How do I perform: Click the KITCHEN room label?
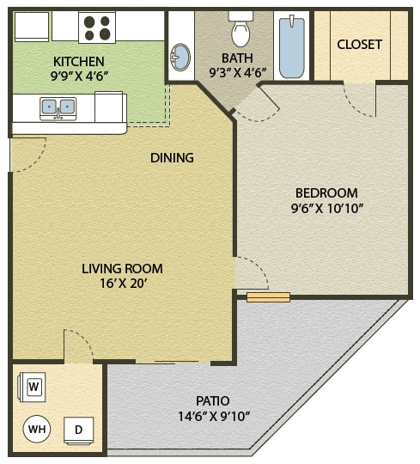(79, 61)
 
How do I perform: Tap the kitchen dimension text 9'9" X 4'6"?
(79, 76)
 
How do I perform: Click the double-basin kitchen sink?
(58, 107)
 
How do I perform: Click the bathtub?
(292, 45)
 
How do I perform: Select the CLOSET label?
(359, 45)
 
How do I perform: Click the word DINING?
(172, 157)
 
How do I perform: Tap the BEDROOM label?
(326, 192)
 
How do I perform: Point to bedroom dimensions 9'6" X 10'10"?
(326, 208)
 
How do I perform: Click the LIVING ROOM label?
(122, 268)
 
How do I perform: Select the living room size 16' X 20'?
(122, 283)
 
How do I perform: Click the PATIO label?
(212, 400)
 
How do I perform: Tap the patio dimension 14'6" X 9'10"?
(212, 416)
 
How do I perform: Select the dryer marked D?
(78, 429)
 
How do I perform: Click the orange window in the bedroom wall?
(268, 297)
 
